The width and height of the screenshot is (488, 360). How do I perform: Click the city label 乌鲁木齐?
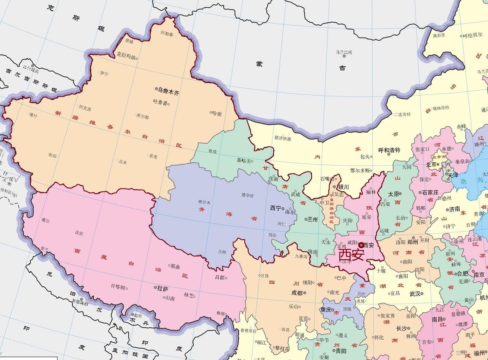point(168,92)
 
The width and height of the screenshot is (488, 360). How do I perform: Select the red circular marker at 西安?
point(361,245)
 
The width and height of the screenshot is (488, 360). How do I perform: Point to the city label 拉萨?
point(163,288)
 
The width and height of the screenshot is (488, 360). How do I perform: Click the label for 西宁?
point(275,208)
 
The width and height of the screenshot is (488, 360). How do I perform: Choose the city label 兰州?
point(312,219)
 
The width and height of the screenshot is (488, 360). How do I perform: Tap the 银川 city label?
point(343,187)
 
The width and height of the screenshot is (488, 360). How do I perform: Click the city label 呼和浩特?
point(389,150)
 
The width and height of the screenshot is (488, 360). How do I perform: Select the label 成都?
point(297,293)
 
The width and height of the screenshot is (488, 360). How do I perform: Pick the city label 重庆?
point(326,310)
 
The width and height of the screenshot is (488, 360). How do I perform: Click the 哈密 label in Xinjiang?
point(217,114)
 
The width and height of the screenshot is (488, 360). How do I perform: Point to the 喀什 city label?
point(33,115)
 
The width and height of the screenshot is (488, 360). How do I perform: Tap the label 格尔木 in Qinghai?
point(204,202)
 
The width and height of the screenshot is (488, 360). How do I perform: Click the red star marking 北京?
point(438,164)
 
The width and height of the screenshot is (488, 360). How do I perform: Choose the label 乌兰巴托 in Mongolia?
point(344,52)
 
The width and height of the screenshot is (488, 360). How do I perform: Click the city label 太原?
point(394,194)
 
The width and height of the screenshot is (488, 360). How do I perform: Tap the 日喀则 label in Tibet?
point(117,287)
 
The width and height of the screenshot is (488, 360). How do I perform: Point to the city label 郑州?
point(412,242)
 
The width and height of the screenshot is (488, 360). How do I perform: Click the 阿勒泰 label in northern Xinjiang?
point(167,34)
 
